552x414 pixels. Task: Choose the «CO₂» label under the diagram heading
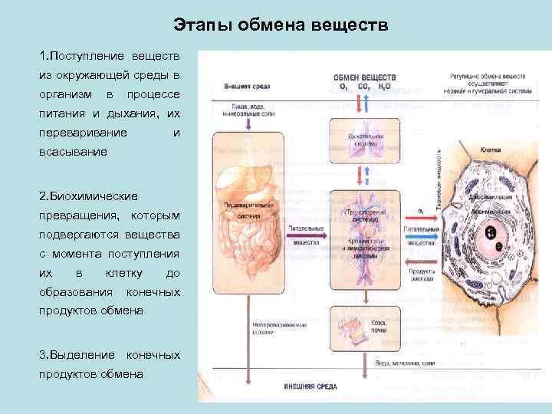(363, 87)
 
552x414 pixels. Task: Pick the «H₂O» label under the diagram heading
(384, 87)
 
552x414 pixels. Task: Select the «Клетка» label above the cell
(491, 150)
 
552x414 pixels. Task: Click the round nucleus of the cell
(493, 235)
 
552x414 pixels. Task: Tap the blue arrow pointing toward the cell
(421, 237)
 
